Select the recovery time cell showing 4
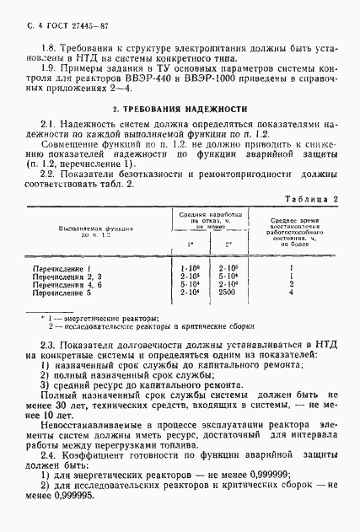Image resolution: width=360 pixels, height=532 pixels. click(290, 293)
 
